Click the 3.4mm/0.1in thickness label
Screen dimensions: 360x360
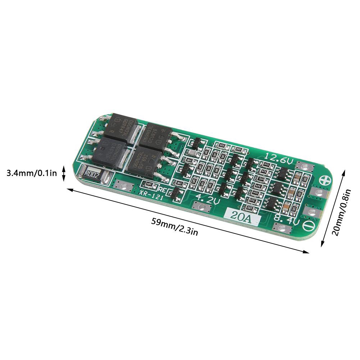coord(32,173)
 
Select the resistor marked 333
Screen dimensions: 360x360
coord(238,149)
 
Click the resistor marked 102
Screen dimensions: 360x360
coord(249,208)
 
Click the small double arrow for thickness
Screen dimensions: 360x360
coord(64,173)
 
